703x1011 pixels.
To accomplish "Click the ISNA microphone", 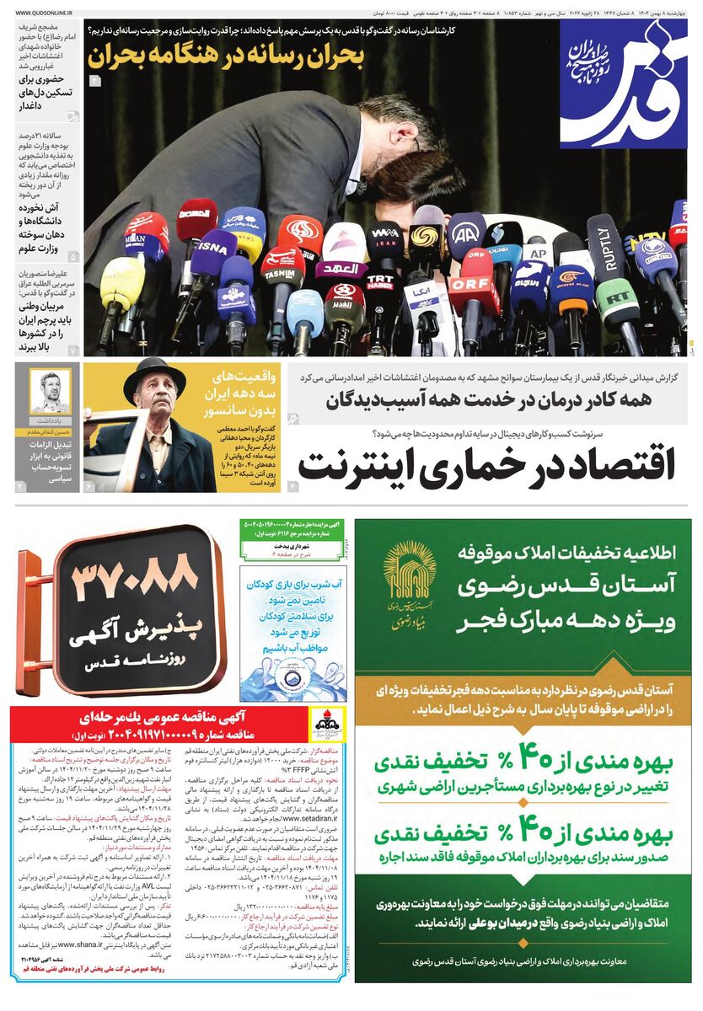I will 211,248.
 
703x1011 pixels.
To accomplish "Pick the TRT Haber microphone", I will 381,281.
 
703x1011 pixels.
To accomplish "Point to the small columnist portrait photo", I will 50,391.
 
